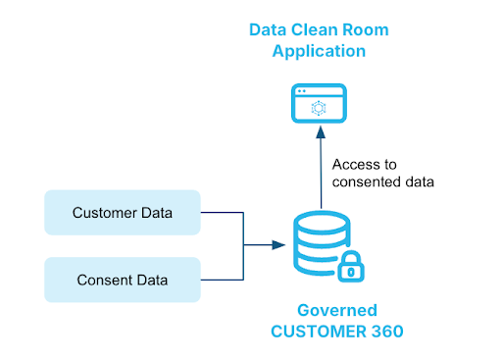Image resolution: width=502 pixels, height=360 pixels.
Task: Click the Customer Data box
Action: pyautogui.click(x=124, y=212)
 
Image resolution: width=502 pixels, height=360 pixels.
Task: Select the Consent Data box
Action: pyautogui.click(x=124, y=280)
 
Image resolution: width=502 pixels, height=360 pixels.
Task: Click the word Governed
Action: pyautogui.click(x=336, y=310)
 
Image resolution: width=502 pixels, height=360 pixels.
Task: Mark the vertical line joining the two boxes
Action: pyautogui.click(x=242, y=245)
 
